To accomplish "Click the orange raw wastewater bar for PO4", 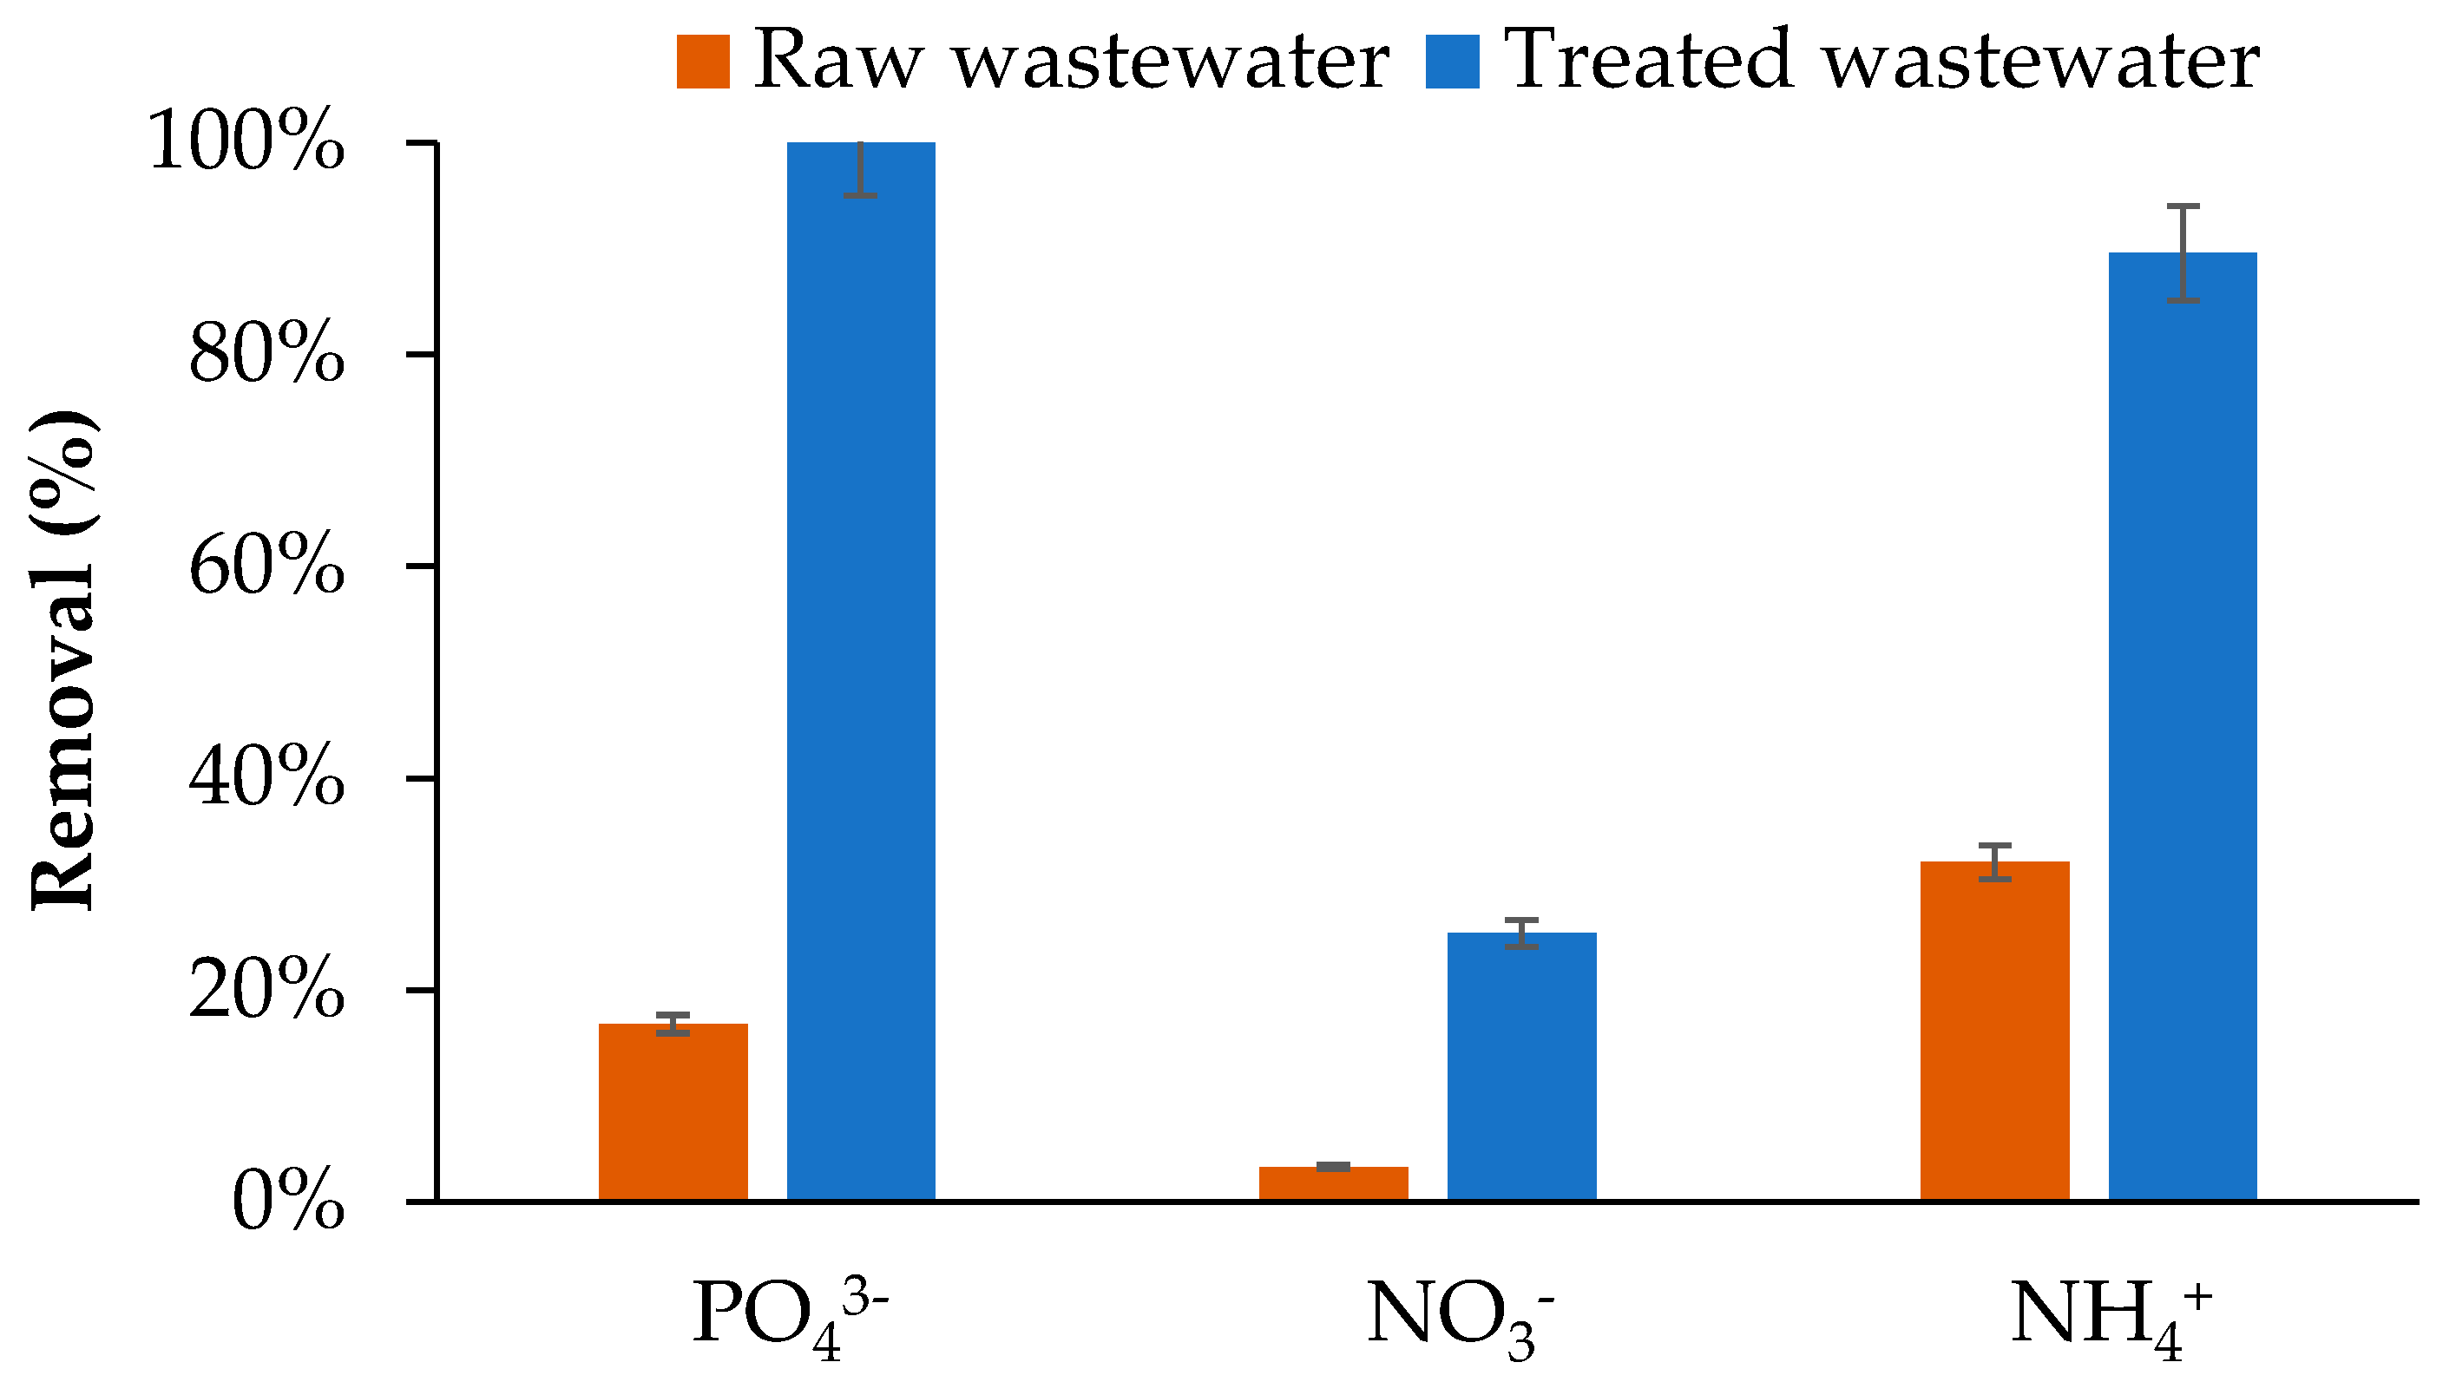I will (x=673, y=1111).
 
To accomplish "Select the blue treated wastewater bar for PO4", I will (x=861, y=671).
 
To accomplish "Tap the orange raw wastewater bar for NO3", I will (x=1333, y=1183).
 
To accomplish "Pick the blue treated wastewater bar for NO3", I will (x=1521, y=1065).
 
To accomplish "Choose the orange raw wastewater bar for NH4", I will (x=1994, y=1030).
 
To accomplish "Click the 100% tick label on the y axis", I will (x=246, y=147).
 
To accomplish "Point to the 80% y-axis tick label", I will (x=266, y=358).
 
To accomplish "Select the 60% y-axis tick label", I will (x=266, y=570).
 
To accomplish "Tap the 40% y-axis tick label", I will (x=266, y=782).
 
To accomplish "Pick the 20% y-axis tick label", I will (x=266, y=993).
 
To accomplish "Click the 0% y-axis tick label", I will (x=287, y=1205).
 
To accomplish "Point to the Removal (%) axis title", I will (x=63, y=661).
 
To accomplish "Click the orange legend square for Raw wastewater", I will (x=702, y=62).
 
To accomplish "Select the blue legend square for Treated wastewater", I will (x=1452, y=62).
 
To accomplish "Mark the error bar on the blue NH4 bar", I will (x=2183, y=253).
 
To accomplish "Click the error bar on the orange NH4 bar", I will (x=1994, y=861).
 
